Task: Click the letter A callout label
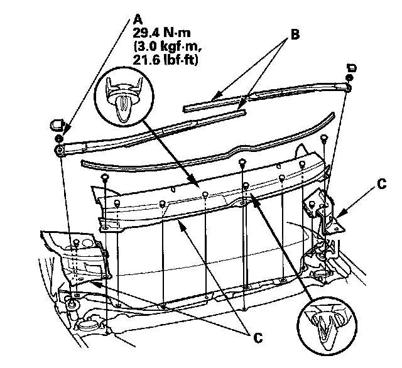pos(137,18)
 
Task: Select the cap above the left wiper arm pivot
pos(55,120)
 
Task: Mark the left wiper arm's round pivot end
pos(58,149)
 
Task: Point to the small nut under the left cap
pos(58,138)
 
